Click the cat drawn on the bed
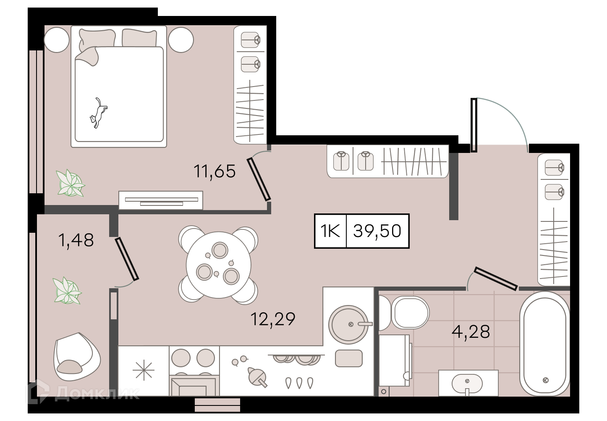coord(98,113)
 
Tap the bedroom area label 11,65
coord(215,171)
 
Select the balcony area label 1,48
coord(76,240)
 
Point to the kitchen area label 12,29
coord(272,319)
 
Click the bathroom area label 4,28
coord(471,332)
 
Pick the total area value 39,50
coord(377,231)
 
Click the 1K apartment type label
coord(330,231)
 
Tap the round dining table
coord(218,265)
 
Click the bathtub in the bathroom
coord(545,344)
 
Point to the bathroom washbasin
coord(468,383)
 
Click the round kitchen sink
coord(349,324)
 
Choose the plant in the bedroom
coord(71,183)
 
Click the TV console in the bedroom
coord(161,200)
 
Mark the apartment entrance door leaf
coord(474,125)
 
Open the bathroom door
coord(496,279)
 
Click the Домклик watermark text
coord(97,393)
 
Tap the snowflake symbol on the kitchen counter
coord(143,370)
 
